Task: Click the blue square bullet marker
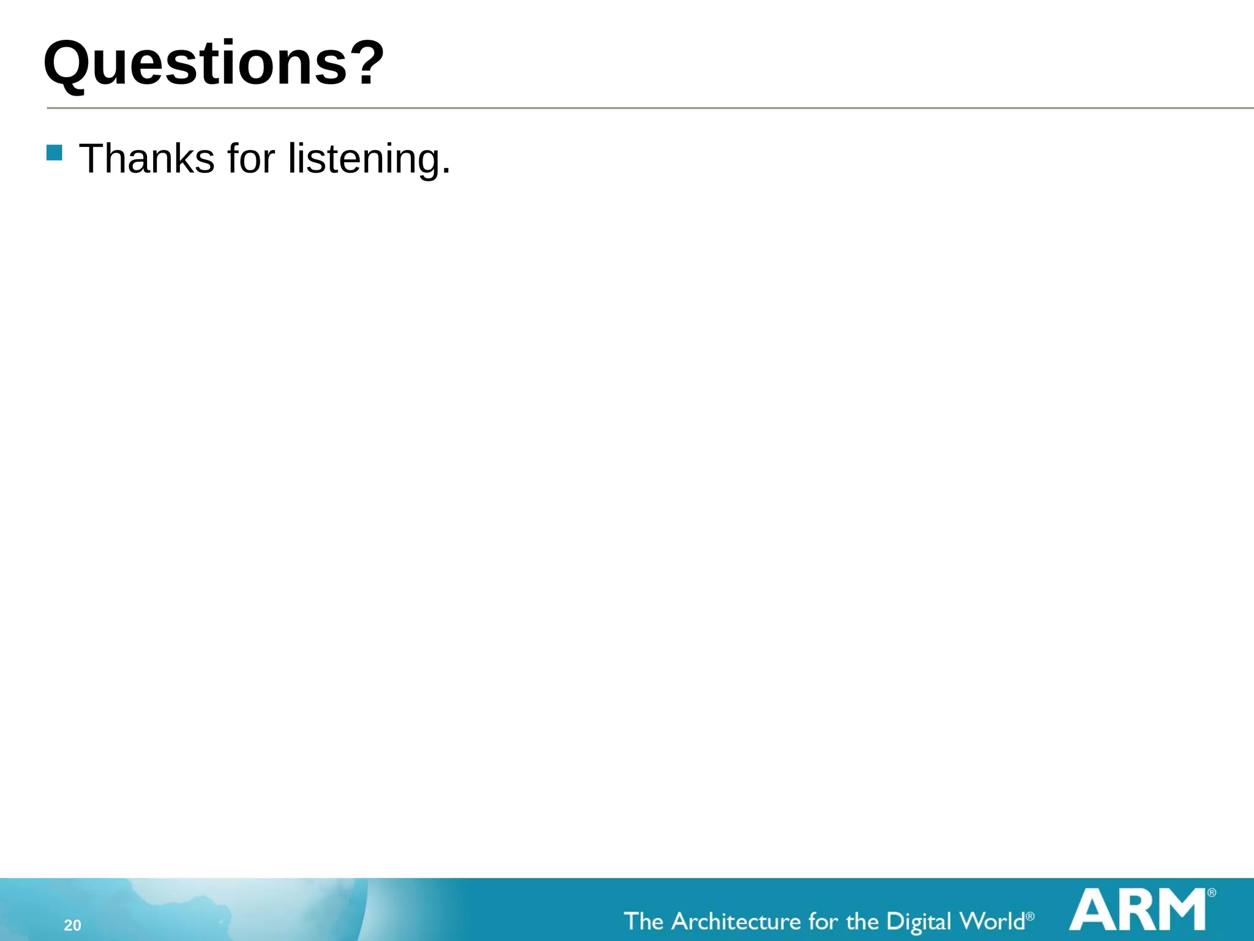point(54,153)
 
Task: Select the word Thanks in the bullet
point(147,159)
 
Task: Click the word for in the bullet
point(251,159)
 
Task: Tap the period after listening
point(446,172)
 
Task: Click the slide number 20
point(72,925)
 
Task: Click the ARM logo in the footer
point(1138,910)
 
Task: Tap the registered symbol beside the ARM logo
point(1211,893)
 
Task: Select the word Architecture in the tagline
point(736,921)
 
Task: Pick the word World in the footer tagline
point(991,921)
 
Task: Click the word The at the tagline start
point(644,921)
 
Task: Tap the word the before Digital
point(862,921)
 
